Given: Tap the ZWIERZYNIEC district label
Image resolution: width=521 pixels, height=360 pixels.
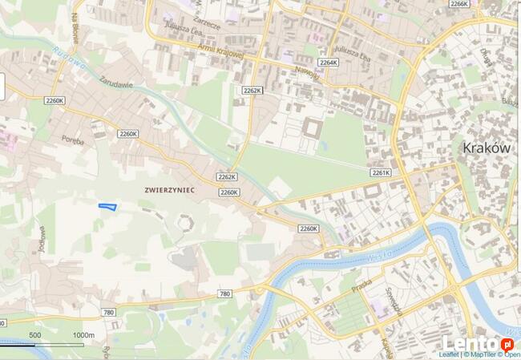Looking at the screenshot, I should pyautogui.click(x=170, y=189).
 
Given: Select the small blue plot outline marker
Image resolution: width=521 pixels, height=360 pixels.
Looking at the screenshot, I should pyautogui.click(x=107, y=207).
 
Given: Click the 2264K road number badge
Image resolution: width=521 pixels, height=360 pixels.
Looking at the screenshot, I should pyautogui.click(x=329, y=62).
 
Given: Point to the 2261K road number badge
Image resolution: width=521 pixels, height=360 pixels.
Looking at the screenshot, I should pyautogui.click(x=381, y=172).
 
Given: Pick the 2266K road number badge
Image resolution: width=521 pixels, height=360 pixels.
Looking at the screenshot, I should pyautogui.click(x=459, y=4).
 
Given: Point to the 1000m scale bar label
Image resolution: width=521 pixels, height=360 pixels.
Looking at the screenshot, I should pyautogui.click(x=83, y=335).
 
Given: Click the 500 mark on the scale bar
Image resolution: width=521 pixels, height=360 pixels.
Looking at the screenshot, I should pyautogui.click(x=34, y=335).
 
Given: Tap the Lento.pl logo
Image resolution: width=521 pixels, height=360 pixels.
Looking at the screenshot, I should pyautogui.click(x=479, y=344).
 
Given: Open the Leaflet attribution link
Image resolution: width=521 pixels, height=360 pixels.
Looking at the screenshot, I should pyautogui.click(x=450, y=354).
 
